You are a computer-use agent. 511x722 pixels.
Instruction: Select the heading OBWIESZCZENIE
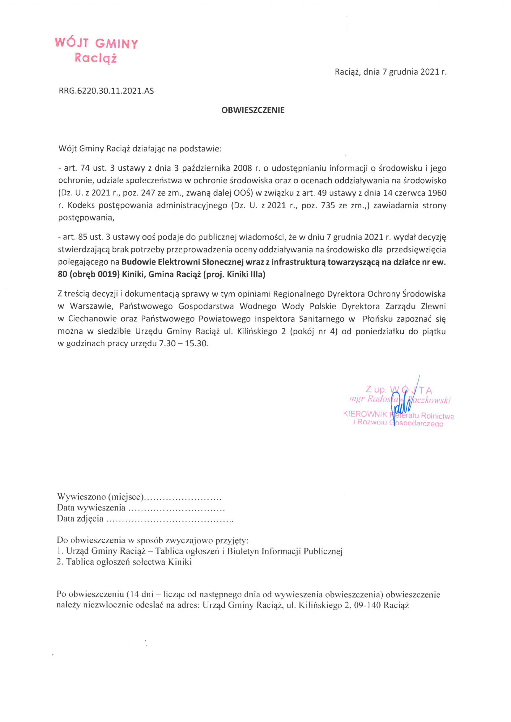[x=253, y=110]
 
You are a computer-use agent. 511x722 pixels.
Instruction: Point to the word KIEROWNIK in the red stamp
[x=365, y=415]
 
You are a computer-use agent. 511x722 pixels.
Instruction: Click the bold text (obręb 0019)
[x=94, y=274]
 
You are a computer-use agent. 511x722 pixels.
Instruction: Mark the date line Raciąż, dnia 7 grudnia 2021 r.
[x=390, y=72]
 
